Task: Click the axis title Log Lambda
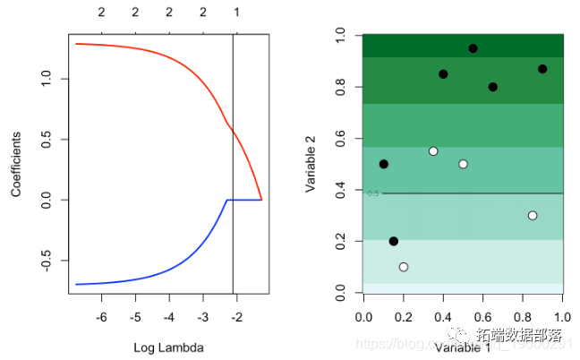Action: (168, 347)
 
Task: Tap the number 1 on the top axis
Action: (236, 13)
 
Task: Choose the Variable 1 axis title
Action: (463, 348)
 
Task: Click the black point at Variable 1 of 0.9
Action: (542, 69)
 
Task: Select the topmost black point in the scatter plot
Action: (473, 48)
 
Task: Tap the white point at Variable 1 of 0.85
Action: (533, 216)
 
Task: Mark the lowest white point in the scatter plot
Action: (404, 267)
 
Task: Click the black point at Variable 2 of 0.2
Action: (394, 241)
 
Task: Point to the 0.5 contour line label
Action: (373, 193)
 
